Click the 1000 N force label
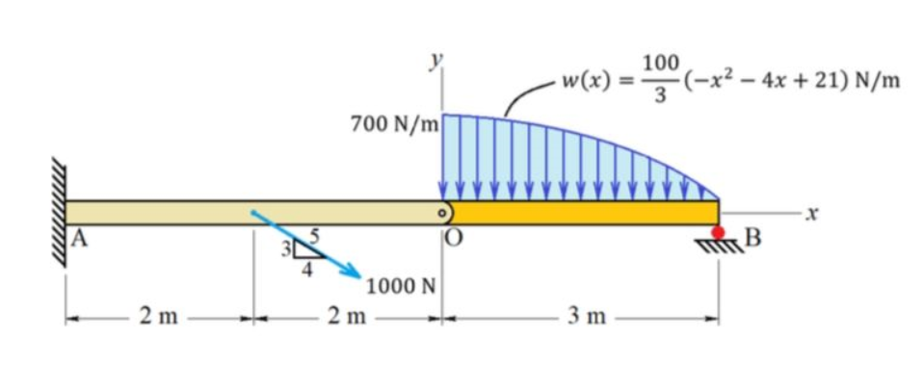pos(402,285)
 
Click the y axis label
pos(435,61)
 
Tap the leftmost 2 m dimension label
pos(158,316)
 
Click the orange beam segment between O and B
pos(584,212)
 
